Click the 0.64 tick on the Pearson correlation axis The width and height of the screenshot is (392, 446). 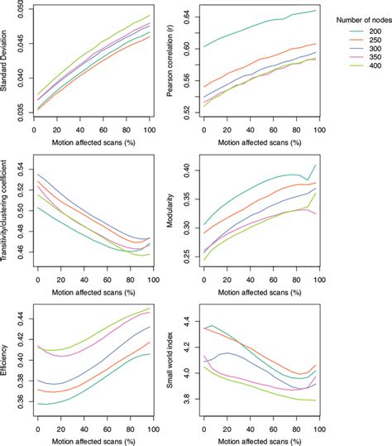tap(187, 17)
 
